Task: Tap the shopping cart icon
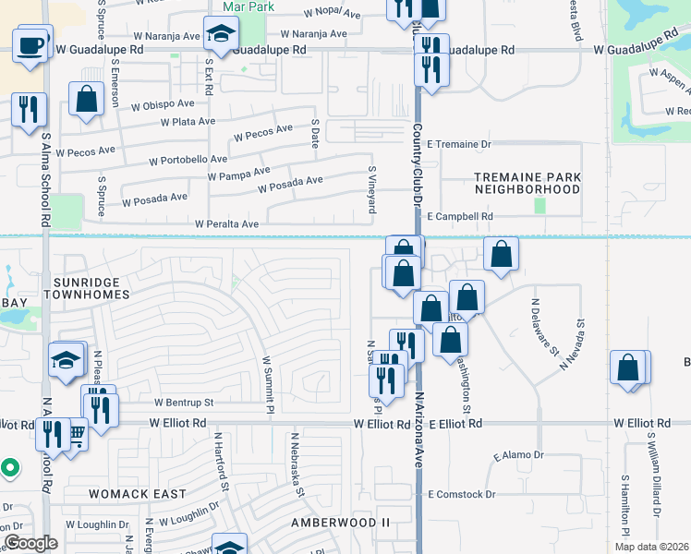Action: pos(76,432)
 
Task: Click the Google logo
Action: pos(30,543)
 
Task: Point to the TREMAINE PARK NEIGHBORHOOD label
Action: pos(527,183)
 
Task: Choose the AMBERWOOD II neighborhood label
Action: pos(341,523)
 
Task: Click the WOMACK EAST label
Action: pos(137,494)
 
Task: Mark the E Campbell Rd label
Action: pos(460,216)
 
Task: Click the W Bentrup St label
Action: pos(184,403)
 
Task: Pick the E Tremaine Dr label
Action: pos(459,144)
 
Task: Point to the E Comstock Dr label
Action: pos(461,494)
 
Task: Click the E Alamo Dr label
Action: pos(519,455)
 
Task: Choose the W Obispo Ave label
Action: pos(162,105)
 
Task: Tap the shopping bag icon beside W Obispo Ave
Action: pos(86,101)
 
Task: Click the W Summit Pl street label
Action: pos(268,386)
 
